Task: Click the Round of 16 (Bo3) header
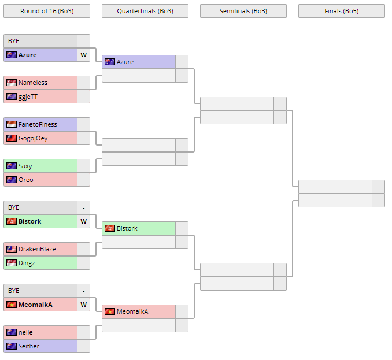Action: coord(46,11)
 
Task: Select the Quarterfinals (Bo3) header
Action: coord(145,11)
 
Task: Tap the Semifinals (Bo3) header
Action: coord(243,11)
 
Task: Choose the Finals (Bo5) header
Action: coord(341,11)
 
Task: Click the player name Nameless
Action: coord(33,83)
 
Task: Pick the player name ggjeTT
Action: coord(28,97)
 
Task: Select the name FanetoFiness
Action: coord(38,124)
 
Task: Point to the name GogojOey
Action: coord(33,138)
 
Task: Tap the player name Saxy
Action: coord(25,166)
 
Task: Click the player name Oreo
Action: coord(26,180)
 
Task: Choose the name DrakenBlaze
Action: coord(37,249)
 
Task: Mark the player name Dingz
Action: coord(27,263)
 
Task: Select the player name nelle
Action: coord(25,332)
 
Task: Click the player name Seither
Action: coord(29,346)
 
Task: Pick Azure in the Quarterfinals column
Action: coord(125,62)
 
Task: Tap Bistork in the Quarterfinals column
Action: coord(127,228)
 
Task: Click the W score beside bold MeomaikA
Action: coord(83,305)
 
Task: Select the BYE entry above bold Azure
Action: coord(13,41)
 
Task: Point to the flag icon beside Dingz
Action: coord(12,263)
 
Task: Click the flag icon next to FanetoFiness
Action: coord(12,124)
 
